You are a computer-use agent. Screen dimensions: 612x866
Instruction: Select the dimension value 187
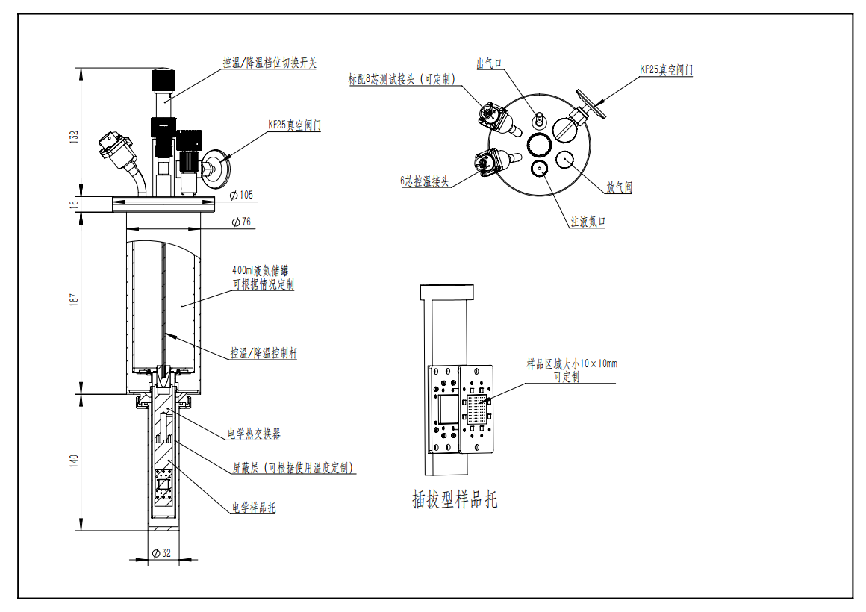[x=73, y=297]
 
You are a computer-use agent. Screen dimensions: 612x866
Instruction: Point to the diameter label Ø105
[x=240, y=196]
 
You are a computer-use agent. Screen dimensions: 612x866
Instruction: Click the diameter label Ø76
[x=240, y=222]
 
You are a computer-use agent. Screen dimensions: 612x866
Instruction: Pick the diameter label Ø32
[x=162, y=553]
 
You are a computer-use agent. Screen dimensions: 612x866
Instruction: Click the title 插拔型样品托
[x=455, y=499]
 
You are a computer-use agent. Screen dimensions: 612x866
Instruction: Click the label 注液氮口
[x=588, y=222]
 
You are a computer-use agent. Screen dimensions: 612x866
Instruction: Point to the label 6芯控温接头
[x=423, y=181]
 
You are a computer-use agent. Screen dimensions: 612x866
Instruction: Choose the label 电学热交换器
[x=254, y=434]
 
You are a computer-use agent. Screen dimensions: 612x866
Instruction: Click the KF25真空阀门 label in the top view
[x=666, y=69]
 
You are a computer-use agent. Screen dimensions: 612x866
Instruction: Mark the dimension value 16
[x=73, y=202]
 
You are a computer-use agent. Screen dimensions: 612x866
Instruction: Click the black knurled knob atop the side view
[x=164, y=79]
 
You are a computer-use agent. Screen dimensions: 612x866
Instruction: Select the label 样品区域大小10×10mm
[x=572, y=364]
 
